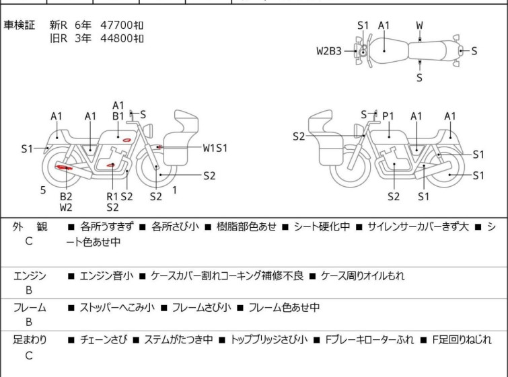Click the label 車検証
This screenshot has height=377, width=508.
point(20,25)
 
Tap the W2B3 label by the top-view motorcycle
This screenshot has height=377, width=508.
point(329,50)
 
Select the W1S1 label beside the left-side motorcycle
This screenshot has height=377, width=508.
point(215,147)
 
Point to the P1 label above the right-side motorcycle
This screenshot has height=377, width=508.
point(388,116)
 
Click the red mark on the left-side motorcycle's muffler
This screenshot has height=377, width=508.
point(65,167)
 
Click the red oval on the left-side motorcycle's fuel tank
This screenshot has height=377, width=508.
point(125,139)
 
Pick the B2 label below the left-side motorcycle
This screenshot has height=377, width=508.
point(66,196)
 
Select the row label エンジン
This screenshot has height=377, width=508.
point(30,276)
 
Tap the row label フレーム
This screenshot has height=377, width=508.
point(30,308)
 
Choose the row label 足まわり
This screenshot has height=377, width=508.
point(30,340)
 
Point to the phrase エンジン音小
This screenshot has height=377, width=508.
point(106,276)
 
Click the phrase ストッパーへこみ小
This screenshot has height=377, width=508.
point(118,308)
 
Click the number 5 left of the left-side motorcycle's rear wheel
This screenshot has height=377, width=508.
point(43,190)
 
